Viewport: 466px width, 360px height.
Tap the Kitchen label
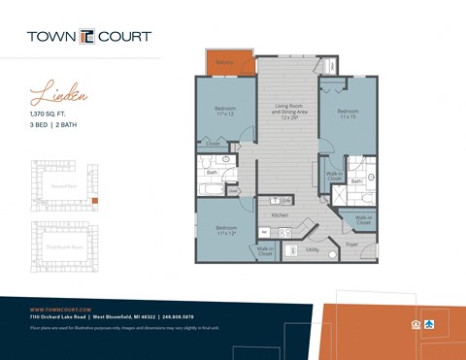281,213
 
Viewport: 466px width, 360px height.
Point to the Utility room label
312,249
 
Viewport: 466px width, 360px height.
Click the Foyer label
351,245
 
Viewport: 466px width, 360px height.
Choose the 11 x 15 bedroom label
349,114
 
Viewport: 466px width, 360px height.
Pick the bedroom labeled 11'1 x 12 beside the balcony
225,112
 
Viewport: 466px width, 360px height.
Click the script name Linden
59,95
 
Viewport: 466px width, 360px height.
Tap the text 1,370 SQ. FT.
53,115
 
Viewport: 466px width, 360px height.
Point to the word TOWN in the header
52,36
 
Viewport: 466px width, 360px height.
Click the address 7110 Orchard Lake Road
59,317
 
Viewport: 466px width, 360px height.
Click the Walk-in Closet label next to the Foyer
363,220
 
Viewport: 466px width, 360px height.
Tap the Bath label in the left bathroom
213,173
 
